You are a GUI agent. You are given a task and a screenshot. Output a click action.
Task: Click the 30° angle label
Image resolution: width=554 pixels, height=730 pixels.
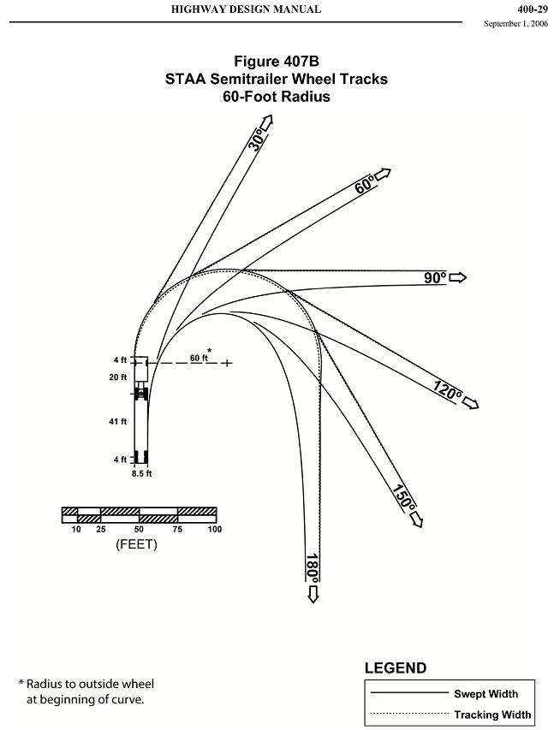(x=254, y=140)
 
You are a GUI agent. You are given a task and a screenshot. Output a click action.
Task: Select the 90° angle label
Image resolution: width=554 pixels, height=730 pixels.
(x=435, y=277)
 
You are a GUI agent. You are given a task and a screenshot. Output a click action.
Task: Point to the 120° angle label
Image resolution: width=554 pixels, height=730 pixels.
(x=447, y=392)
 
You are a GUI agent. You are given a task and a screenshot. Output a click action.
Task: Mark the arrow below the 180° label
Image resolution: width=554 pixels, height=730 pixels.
(x=313, y=595)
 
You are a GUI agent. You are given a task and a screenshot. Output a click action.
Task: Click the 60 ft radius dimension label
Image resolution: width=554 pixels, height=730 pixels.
(x=198, y=358)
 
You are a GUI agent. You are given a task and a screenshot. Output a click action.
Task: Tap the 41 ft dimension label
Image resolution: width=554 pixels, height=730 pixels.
(x=118, y=421)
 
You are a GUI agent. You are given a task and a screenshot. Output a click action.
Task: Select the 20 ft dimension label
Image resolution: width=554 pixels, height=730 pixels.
(x=118, y=377)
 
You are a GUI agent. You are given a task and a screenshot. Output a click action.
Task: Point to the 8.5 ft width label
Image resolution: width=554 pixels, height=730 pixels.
(x=142, y=472)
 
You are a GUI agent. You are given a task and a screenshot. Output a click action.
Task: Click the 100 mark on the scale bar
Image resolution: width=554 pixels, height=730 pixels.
(x=214, y=530)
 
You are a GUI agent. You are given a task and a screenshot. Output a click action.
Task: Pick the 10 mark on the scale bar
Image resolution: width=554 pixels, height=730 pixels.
(x=76, y=530)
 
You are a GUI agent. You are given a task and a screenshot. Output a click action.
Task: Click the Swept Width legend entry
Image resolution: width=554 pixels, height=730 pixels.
(x=485, y=694)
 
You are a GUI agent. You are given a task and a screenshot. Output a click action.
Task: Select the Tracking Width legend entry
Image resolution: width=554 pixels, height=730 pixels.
(x=492, y=715)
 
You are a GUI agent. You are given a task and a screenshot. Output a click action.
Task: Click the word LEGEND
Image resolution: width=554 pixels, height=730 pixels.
(x=396, y=668)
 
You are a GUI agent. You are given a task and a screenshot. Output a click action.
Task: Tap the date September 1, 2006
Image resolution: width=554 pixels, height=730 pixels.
(x=516, y=24)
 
